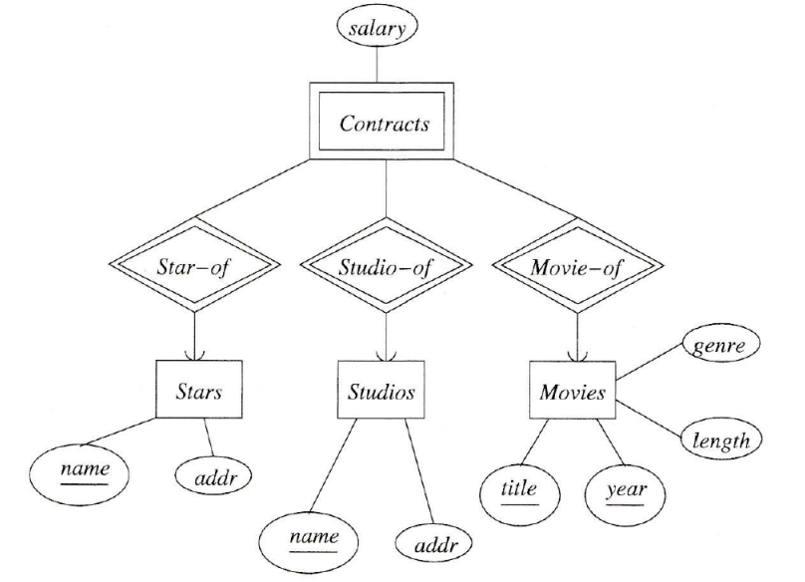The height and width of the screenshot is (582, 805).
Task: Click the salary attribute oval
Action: point(377,29)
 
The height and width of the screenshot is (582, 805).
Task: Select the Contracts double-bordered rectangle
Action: point(385,126)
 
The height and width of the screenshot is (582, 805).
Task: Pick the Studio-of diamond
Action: point(384,267)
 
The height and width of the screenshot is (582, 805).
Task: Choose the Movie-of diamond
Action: point(577,267)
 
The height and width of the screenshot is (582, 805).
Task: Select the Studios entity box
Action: point(382,391)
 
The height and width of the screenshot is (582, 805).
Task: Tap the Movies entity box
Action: point(573,391)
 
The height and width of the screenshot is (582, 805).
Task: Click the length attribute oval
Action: point(720,438)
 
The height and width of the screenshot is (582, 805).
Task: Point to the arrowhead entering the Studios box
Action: point(385,354)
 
